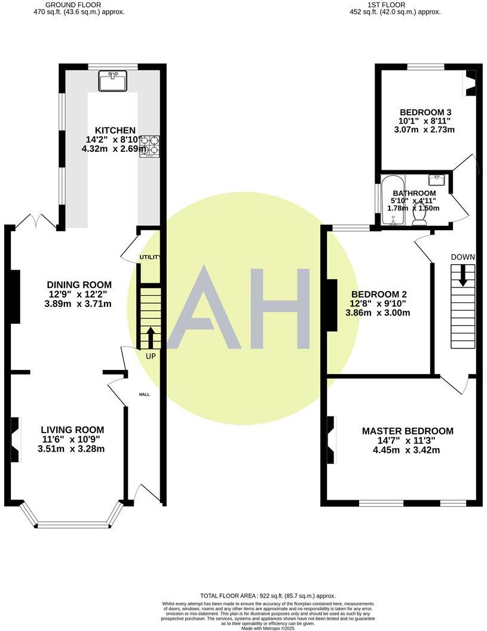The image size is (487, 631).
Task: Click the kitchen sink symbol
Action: point(112,81)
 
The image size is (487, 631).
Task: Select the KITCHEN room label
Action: point(111,130)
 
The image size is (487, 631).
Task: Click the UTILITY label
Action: point(149,257)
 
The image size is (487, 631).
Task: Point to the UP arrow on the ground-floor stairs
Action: point(149,336)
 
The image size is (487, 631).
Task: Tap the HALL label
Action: point(145,395)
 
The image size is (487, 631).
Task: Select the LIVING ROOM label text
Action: point(72,430)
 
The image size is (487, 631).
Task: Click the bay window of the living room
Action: point(72,523)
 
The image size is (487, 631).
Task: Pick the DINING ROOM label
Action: point(79,285)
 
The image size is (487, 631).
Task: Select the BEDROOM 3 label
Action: point(425,112)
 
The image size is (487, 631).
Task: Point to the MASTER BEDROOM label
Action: point(408,431)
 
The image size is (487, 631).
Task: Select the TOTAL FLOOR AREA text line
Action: point(268,596)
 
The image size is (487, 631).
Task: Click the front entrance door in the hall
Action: point(146,494)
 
